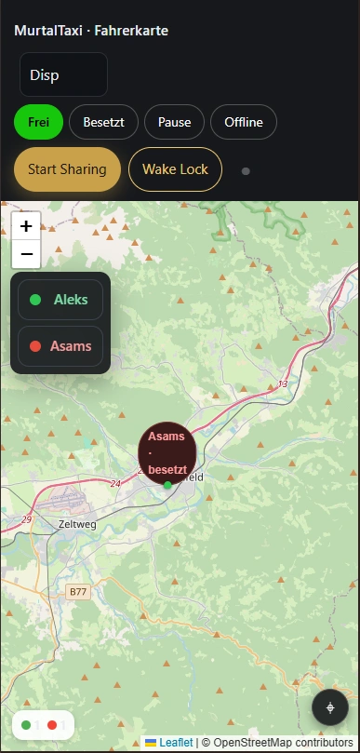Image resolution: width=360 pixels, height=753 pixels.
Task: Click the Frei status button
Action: click(x=38, y=122)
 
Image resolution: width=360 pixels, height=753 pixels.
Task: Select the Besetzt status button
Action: click(x=103, y=122)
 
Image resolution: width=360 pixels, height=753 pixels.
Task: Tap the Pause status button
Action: click(x=174, y=122)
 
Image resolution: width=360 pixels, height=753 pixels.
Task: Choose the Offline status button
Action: click(x=244, y=122)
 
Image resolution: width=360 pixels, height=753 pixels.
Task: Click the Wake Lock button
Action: click(x=175, y=169)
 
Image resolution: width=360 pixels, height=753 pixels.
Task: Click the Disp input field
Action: click(x=63, y=74)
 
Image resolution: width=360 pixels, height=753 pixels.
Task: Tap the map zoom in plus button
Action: click(x=26, y=226)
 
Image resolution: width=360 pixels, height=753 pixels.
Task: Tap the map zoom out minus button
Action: click(x=26, y=253)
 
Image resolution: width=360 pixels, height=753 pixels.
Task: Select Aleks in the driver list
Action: click(x=60, y=300)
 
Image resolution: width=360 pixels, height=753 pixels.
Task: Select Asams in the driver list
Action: click(x=60, y=346)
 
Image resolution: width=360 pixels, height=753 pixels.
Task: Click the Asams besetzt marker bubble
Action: click(x=167, y=452)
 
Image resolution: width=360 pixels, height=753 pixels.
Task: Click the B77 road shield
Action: click(x=77, y=591)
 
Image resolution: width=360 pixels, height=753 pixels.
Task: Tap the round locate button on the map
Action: click(x=330, y=707)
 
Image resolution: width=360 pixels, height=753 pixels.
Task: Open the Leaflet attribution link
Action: click(x=175, y=743)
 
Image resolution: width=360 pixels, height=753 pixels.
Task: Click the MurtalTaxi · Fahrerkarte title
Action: click(x=91, y=31)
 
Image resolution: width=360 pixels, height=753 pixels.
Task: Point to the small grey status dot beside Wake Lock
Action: click(x=246, y=171)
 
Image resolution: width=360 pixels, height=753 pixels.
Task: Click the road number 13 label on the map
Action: click(x=283, y=383)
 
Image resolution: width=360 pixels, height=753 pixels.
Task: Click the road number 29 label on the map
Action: click(x=26, y=518)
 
